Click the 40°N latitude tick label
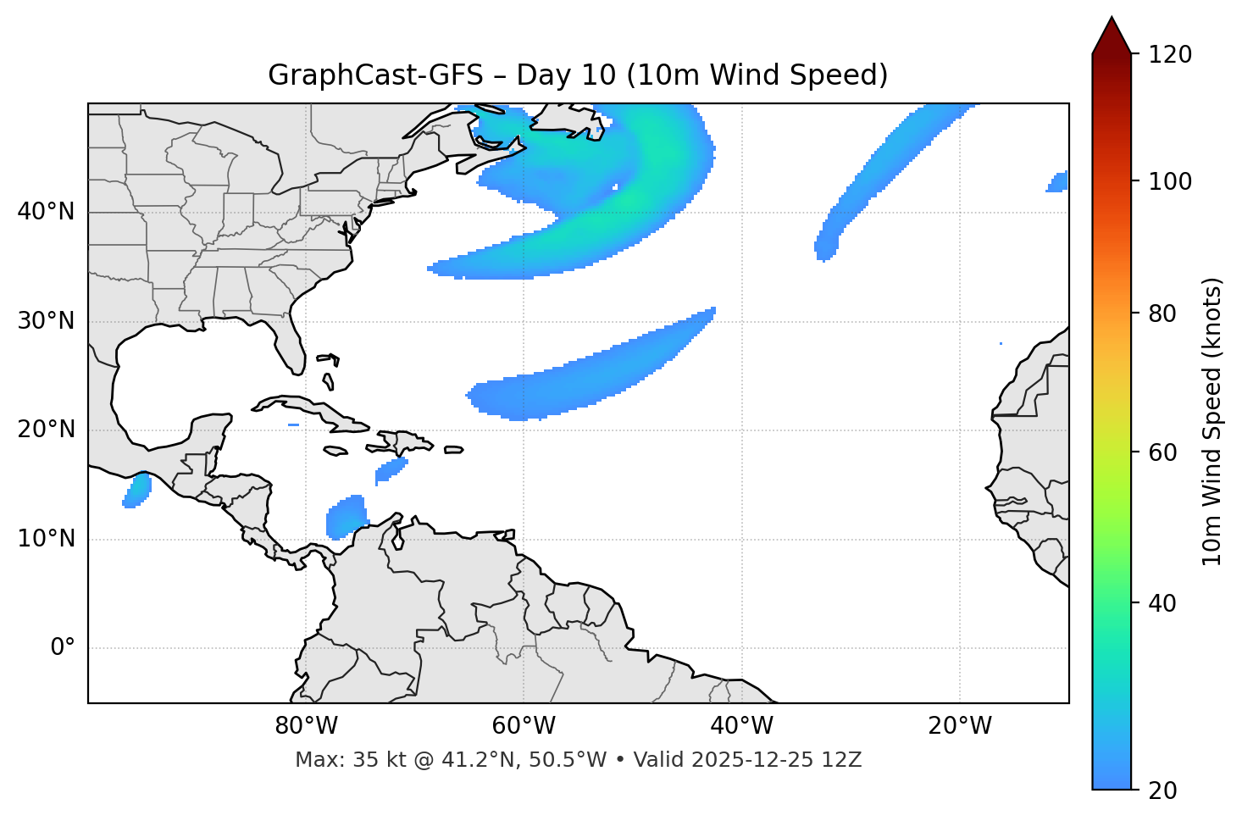[46, 212]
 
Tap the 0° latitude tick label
[63, 648]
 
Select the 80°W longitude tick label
[306, 726]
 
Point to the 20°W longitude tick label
[960, 726]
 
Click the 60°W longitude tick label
[524, 726]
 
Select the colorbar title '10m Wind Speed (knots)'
[1212, 422]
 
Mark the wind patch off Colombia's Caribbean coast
[346, 517]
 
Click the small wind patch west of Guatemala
[137, 491]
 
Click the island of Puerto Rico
[453, 450]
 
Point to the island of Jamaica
[335, 452]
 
